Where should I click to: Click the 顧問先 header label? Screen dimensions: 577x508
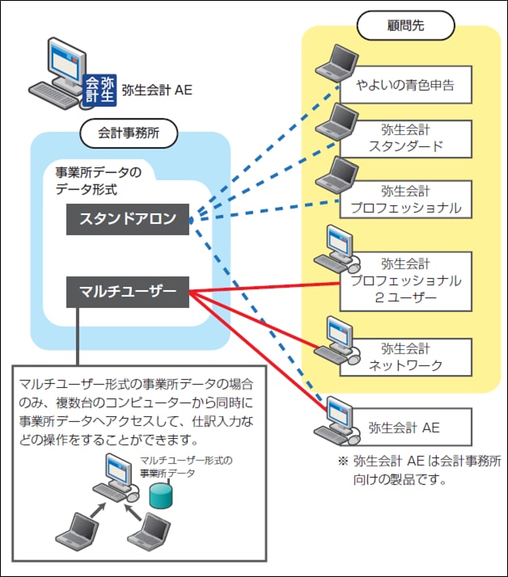pos(405,24)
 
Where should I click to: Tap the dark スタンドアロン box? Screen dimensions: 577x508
pos(127,219)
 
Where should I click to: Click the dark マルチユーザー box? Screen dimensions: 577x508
pos(127,292)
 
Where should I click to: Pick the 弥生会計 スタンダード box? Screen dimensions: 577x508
pos(404,137)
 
